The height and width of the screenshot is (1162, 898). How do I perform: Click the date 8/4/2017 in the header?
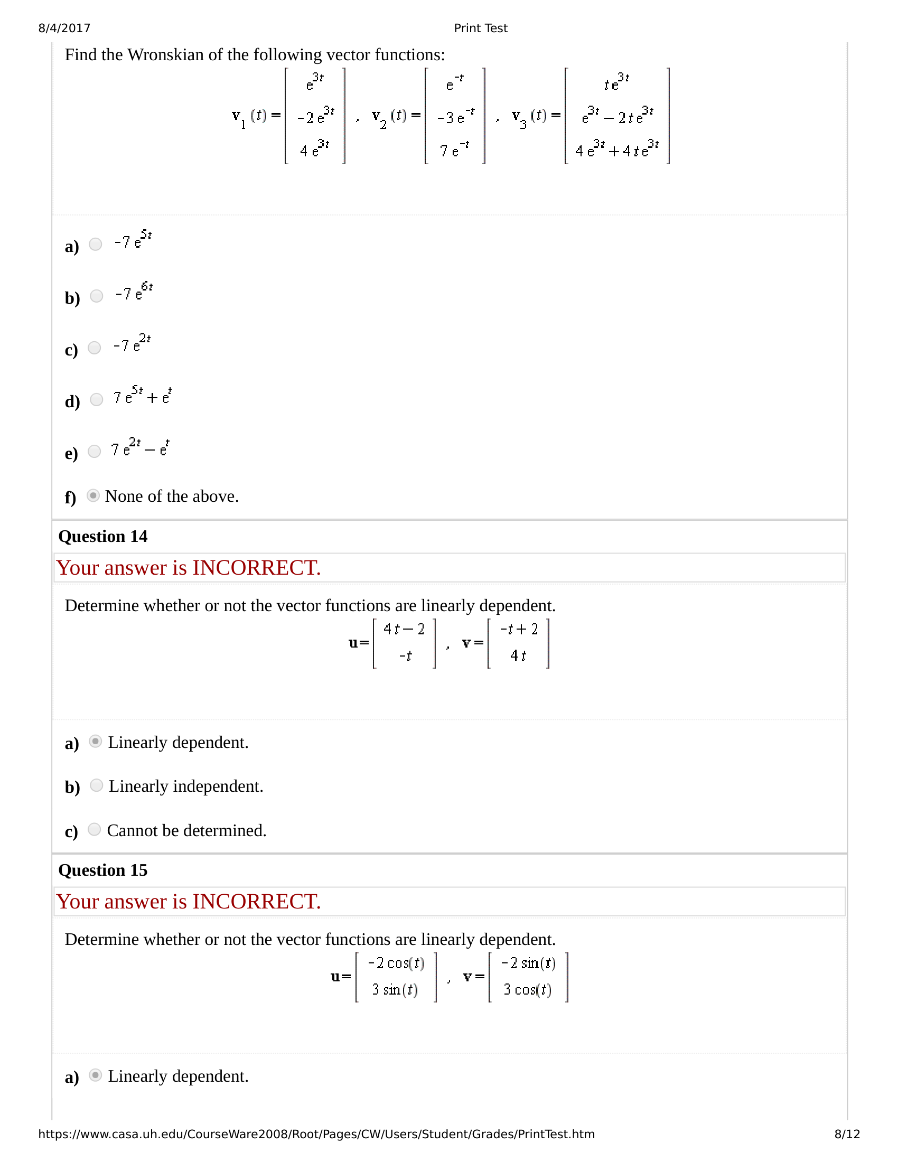(x=64, y=28)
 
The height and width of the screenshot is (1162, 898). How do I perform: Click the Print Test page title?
(x=480, y=28)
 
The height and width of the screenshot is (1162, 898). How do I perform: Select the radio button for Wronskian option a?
(x=96, y=244)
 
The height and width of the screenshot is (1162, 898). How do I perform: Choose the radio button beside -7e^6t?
(x=96, y=296)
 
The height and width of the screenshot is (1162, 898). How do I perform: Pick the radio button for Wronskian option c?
(x=95, y=348)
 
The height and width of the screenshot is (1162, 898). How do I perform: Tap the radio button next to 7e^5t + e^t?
(x=96, y=400)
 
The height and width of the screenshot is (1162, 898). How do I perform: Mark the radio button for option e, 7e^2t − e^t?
(x=95, y=451)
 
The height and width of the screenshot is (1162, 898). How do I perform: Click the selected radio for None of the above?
(x=93, y=496)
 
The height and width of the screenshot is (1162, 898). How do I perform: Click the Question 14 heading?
(x=102, y=536)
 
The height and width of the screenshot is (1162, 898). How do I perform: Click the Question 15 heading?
(x=102, y=870)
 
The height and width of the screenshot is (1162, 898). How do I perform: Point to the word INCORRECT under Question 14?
(x=256, y=568)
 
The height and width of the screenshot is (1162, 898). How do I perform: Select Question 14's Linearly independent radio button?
(x=96, y=785)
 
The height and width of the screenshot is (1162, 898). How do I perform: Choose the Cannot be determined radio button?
(x=95, y=829)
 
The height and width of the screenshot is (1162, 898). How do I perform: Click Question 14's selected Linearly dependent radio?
(x=96, y=741)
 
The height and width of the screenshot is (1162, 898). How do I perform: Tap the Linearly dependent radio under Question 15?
(x=96, y=1075)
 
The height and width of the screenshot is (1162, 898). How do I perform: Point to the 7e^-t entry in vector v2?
(x=454, y=151)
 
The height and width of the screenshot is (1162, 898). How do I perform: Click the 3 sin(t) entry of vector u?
(x=395, y=990)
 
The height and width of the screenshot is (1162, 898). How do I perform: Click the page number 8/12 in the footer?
(x=847, y=1134)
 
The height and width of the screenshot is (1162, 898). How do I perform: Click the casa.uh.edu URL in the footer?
(x=316, y=1134)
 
